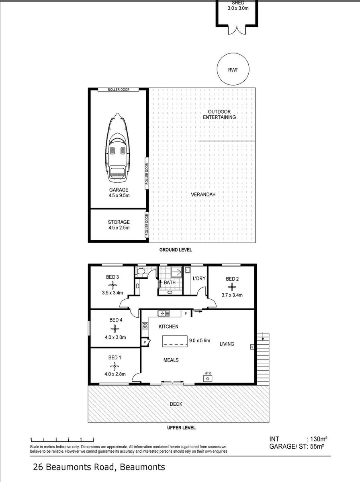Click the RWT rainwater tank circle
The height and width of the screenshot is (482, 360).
point(233,69)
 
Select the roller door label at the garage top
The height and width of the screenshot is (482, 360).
point(119,90)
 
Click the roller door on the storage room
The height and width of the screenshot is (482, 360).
point(147,224)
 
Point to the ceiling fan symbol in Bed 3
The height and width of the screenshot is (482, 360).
point(112,285)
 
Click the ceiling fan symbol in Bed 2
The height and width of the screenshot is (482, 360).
point(232,287)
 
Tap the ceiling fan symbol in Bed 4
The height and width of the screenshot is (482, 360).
point(115,329)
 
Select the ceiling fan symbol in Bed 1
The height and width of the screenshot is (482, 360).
point(115,366)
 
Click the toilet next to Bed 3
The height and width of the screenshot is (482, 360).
point(140,272)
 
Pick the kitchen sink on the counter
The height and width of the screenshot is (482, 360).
point(164,313)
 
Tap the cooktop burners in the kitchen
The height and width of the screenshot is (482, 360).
point(145,326)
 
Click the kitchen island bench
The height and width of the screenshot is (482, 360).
point(175,341)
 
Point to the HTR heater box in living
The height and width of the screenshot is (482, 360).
point(208,378)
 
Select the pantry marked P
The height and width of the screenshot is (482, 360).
point(145,342)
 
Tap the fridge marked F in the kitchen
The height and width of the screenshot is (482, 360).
point(186,314)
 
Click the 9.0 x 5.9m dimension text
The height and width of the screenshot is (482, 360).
point(200,341)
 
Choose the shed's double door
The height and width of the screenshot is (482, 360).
point(237,30)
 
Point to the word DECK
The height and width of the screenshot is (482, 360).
point(176,404)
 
